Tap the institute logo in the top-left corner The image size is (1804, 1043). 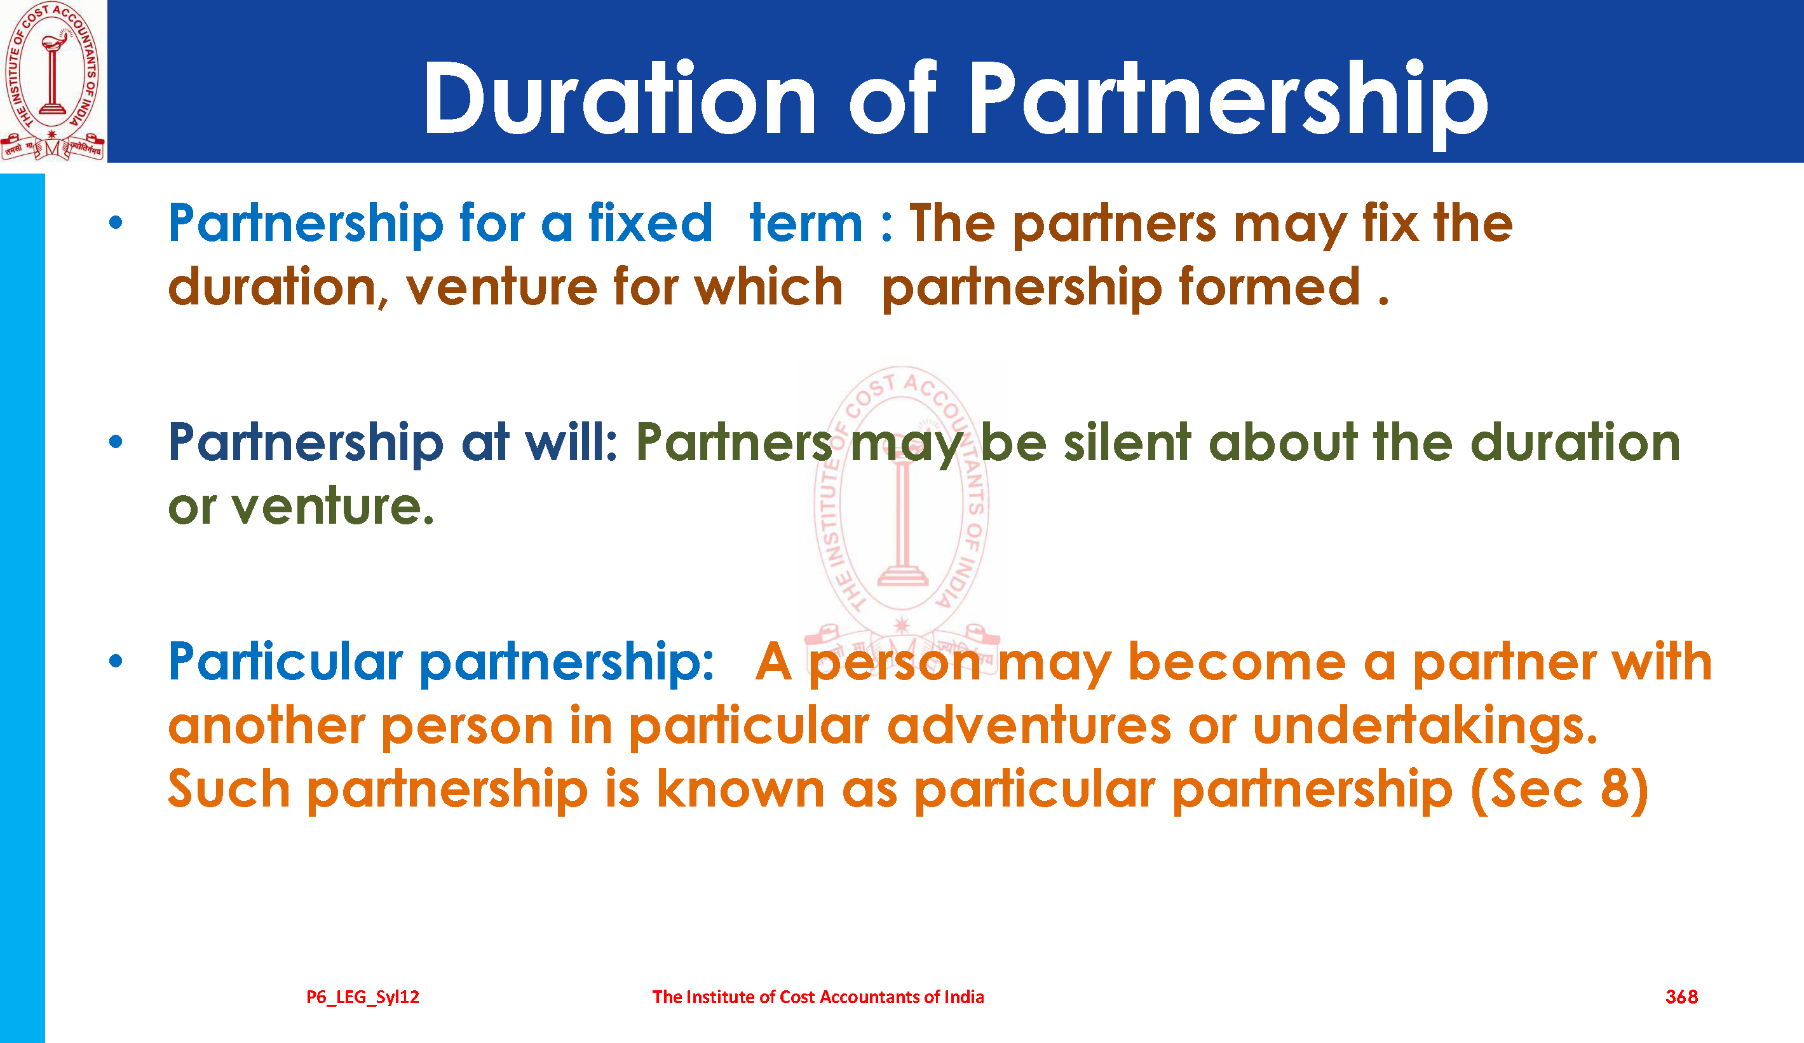click(x=53, y=81)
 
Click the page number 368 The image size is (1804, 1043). click(x=1681, y=997)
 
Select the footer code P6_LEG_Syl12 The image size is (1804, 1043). click(x=363, y=997)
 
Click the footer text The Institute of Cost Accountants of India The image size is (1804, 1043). click(x=818, y=997)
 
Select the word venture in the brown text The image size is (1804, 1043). click(x=502, y=287)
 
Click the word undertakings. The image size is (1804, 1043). click(x=1425, y=726)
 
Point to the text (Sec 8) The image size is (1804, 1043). click(x=1560, y=789)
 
